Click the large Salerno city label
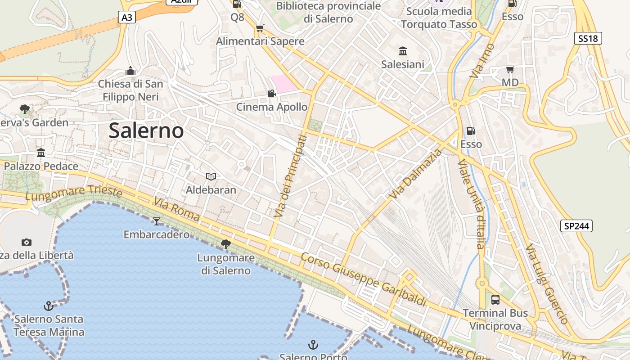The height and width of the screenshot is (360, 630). click(x=146, y=131)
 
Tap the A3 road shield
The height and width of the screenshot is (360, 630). click(x=127, y=18)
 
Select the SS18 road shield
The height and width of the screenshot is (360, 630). click(x=588, y=39)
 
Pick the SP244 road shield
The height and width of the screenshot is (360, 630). click(x=576, y=226)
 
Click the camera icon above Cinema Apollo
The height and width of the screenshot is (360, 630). click(x=271, y=94)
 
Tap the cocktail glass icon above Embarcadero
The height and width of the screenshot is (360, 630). click(x=157, y=221)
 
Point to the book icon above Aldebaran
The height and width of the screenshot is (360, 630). click(x=211, y=176)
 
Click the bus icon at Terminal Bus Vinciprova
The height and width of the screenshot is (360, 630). click(x=495, y=300)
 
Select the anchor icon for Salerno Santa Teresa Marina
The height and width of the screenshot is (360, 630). click(x=48, y=306)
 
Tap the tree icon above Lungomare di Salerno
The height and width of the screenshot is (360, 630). click(x=226, y=244)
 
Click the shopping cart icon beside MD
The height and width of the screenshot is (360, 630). click(x=510, y=69)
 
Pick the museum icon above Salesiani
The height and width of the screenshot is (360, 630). click(x=403, y=51)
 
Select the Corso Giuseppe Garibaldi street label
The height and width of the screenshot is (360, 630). click(x=363, y=279)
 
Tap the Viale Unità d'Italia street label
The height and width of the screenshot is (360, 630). click(x=471, y=203)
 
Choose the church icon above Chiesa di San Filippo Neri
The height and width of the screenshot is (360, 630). click(x=130, y=71)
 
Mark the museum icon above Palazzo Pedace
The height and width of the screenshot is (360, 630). click(x=41, y=153)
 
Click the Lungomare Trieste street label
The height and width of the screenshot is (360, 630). click(x=74, y=193)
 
